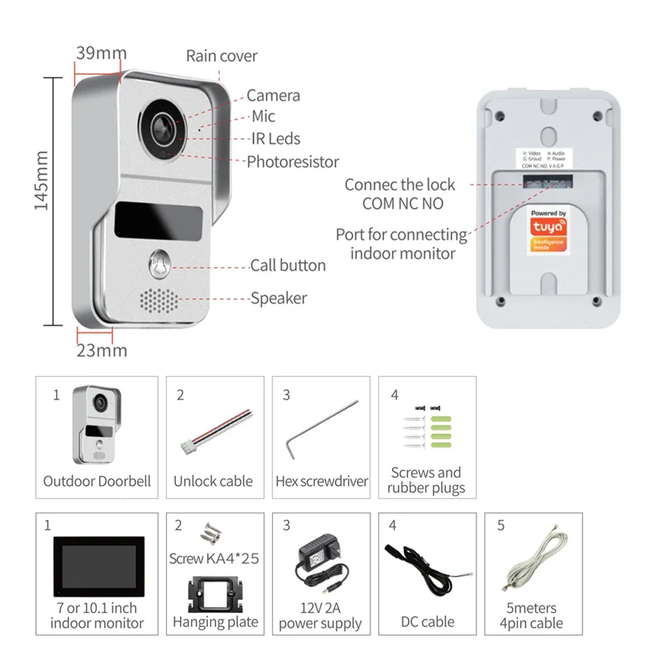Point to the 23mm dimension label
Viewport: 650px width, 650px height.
pyautogui.click(x=101, y=350)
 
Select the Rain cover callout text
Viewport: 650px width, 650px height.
pyautogui.click(x=222, y=56)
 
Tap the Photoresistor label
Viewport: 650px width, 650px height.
pyautogui.click(x=292, y=161)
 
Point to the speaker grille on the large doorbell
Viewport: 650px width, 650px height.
pyautogui.click(x=159, y=300)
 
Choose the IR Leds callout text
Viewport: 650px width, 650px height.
pyautogui.click(x=276, y=138)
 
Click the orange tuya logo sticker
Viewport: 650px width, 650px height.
pyautogui.click(x=548, y=233)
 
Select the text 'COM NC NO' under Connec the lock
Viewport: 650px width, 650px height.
pyautogui.click(x=402, y=203)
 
